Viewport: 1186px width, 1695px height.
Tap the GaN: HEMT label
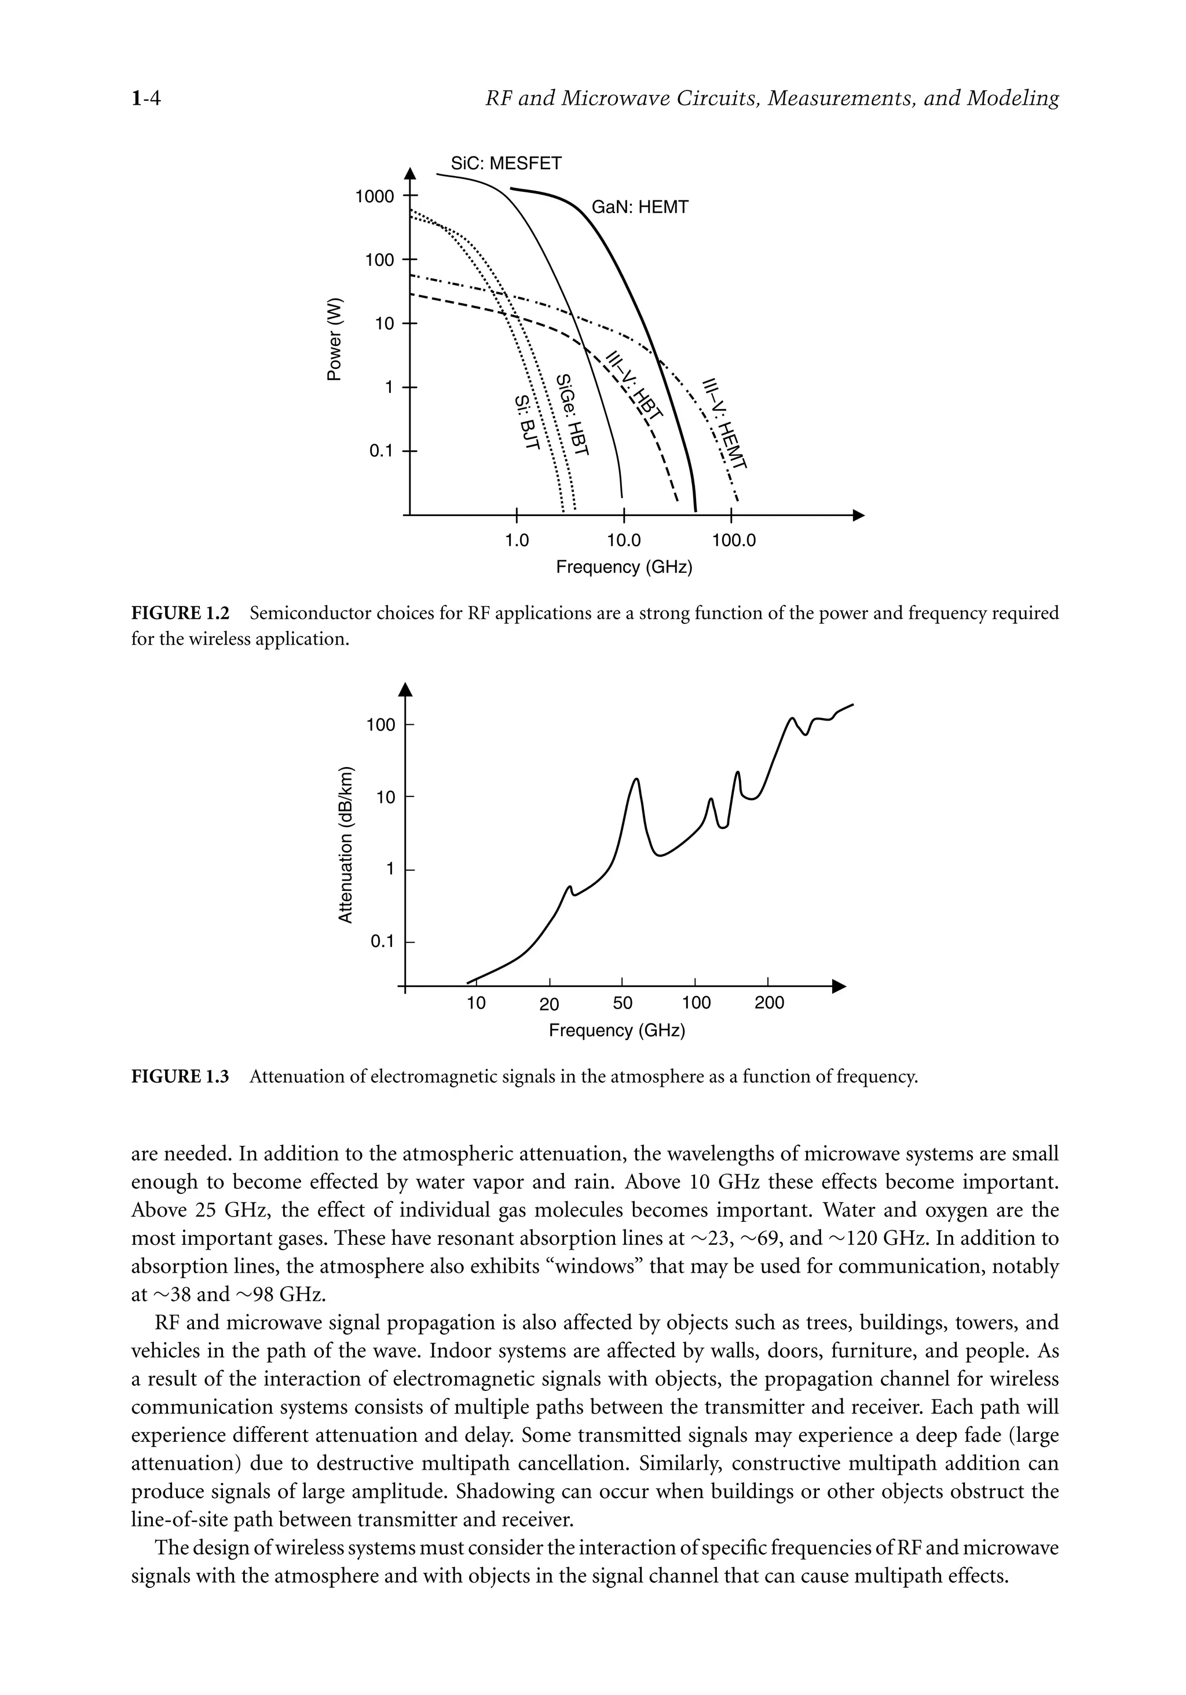pyautogui.click(x=639, y=207)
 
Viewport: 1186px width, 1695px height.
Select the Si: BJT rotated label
pyautogui.click(x=527, y=422)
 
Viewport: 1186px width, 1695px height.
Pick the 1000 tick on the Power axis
pyautogui.click(x=374, y=196)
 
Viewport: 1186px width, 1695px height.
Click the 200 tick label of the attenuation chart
pyautogui.click(x=769, y=1003)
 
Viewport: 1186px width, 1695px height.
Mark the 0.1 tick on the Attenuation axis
pyautogui.click(x=382, y=941)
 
